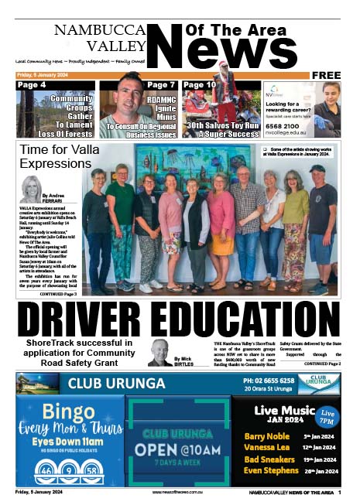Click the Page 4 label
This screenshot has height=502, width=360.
[32, 85]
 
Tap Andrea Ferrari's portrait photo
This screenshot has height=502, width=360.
[31, 190]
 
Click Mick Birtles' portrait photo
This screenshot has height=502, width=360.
[160, 352]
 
